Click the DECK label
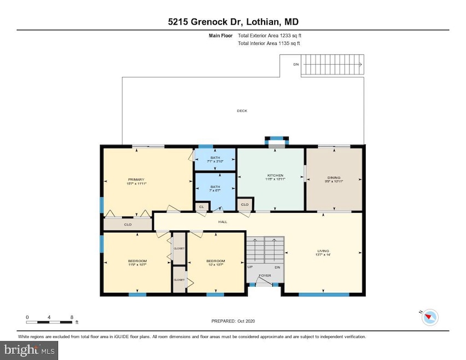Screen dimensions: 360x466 [x=242, y=111]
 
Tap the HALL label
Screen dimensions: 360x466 [x=223, y=222]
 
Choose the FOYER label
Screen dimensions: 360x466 [x=265, y=275]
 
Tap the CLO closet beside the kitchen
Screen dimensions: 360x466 [x=244, y=205]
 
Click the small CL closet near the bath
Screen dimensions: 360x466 [x=201, y=207]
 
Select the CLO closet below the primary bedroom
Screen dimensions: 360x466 [x=127, y=224]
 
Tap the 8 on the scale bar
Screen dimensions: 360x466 [x=72, y=317]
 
